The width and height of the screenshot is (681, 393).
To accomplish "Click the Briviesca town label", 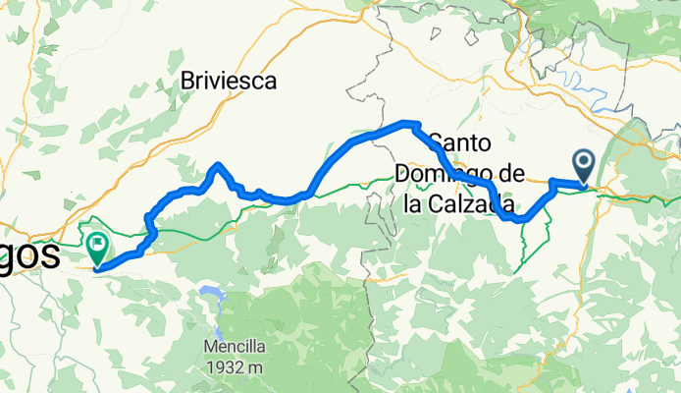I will [x=229, y=81].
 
